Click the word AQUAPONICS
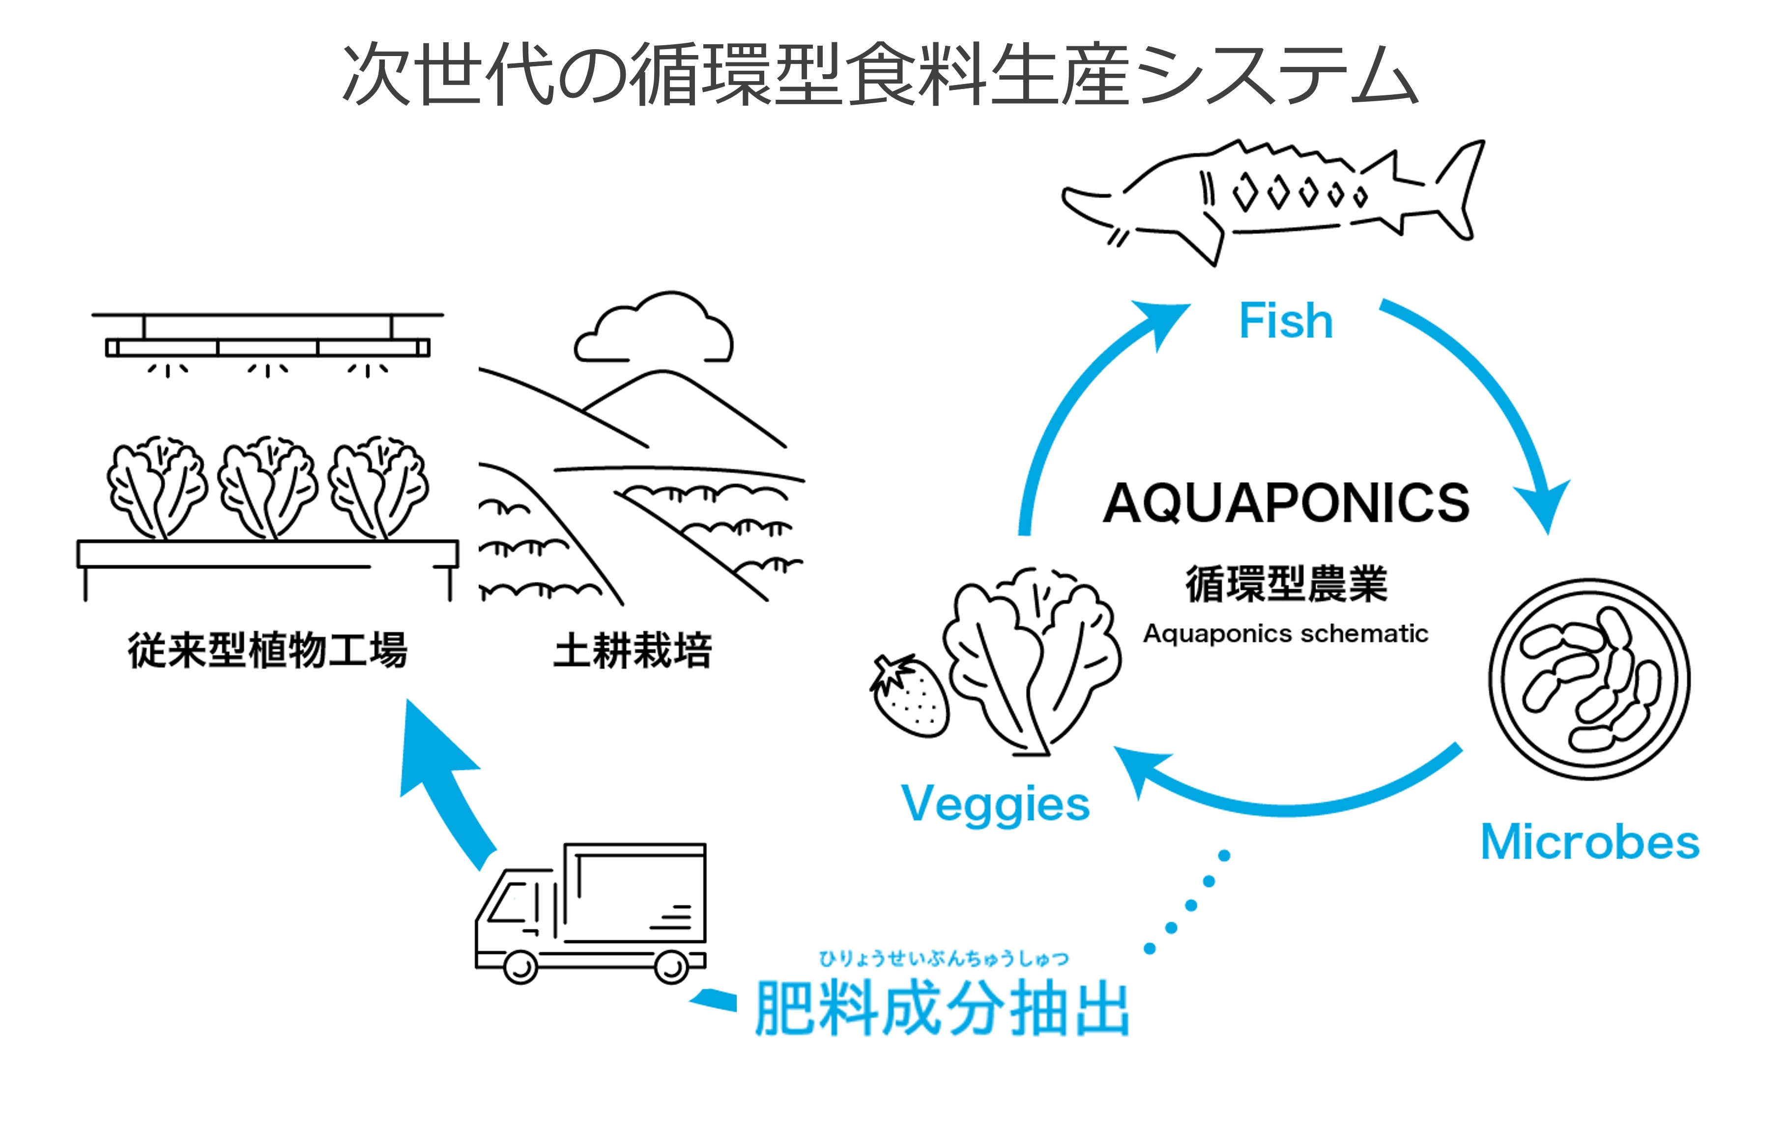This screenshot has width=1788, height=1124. point(1286,503)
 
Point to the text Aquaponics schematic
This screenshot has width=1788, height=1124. point(1285,634)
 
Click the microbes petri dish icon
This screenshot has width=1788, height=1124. point(1589,679)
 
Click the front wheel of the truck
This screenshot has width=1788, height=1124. point(520,967)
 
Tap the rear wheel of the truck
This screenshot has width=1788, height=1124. point(671,967)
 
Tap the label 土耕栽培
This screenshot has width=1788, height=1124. point(633,651)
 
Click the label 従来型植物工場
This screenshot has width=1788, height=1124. point(267,651)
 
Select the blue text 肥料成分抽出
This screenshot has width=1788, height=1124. point(942,1008)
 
